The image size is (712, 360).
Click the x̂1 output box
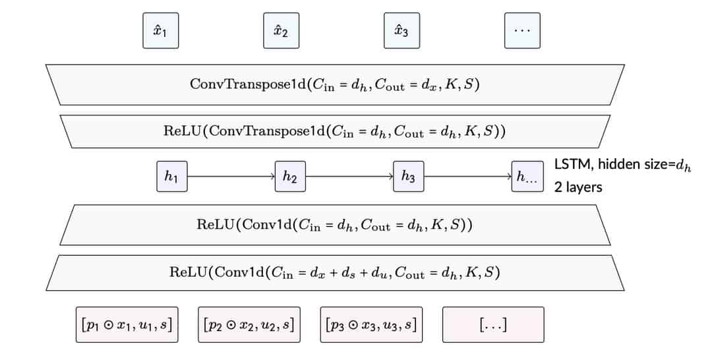[160, 31]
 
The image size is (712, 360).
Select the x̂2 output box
[280, 31]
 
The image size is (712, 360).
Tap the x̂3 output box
[401, 31]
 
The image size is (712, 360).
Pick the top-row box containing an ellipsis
[521, 31]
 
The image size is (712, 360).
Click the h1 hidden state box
[171, 176]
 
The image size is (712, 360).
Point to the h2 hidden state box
[290, 176]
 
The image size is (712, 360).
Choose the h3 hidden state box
[408, 176]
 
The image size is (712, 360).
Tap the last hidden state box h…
[527, 176]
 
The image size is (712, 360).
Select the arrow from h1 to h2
[231, 176]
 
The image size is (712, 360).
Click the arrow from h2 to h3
[349, 176]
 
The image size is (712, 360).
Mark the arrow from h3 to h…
[468, 176]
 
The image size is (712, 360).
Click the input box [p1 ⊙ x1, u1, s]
[127, 324]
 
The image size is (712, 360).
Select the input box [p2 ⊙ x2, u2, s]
[249, 324]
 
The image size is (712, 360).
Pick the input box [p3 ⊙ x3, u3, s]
[371, 324]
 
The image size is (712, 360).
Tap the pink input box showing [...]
[492, 324]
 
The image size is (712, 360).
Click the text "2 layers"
[578, 187]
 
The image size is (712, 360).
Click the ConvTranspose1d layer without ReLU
[335, 84]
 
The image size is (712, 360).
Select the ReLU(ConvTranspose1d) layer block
[335, 130]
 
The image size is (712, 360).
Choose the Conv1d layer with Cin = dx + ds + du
[335, 272]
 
